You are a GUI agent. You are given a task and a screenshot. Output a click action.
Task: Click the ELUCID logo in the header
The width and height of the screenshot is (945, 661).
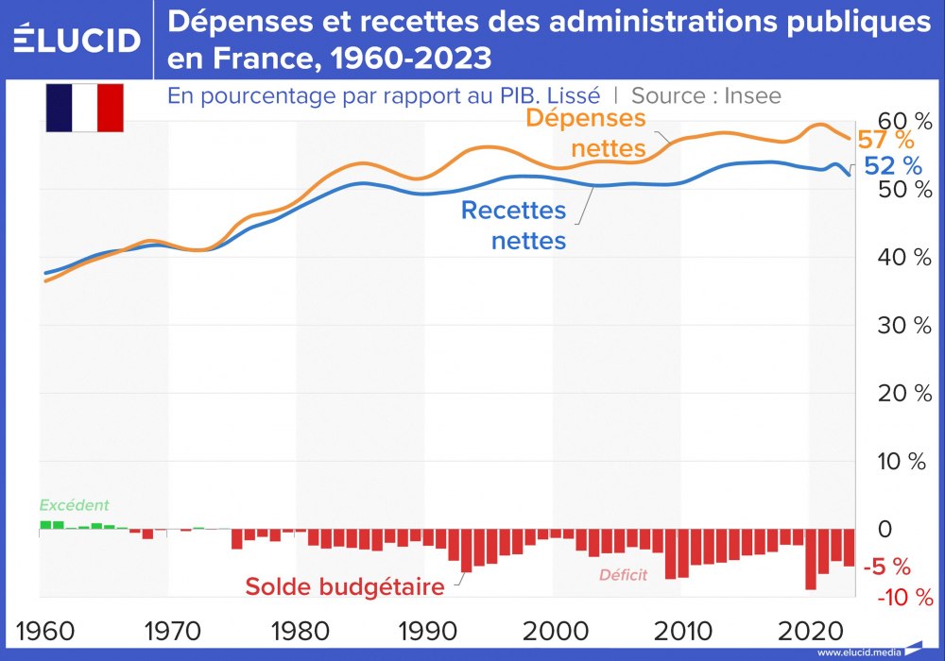(x=77, y=40)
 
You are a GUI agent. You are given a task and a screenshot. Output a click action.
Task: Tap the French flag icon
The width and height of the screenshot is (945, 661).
(x=85, y=107)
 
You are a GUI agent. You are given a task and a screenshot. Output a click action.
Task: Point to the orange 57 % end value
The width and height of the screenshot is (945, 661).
(x=885, y=141)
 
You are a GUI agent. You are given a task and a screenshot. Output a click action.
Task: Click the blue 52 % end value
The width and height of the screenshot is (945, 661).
(x=893, y=166)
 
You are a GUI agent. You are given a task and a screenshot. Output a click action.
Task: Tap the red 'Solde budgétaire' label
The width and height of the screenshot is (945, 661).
(x=345, y=586)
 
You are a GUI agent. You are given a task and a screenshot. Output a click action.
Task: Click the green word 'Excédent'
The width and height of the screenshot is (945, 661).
(x=74, y=505)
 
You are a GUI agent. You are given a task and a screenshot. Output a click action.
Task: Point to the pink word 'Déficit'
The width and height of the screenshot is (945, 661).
(x=624, y=574)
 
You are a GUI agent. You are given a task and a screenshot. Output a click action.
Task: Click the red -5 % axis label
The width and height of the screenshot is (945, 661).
(x=888, y=568)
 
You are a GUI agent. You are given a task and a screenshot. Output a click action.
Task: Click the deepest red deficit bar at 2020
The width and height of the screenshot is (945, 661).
(x=811, y=561)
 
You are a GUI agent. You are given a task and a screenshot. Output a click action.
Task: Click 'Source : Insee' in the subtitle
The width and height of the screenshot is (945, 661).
(x=706, y=96)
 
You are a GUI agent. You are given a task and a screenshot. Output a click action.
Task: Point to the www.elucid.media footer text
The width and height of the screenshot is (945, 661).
(x=858, y=653)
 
